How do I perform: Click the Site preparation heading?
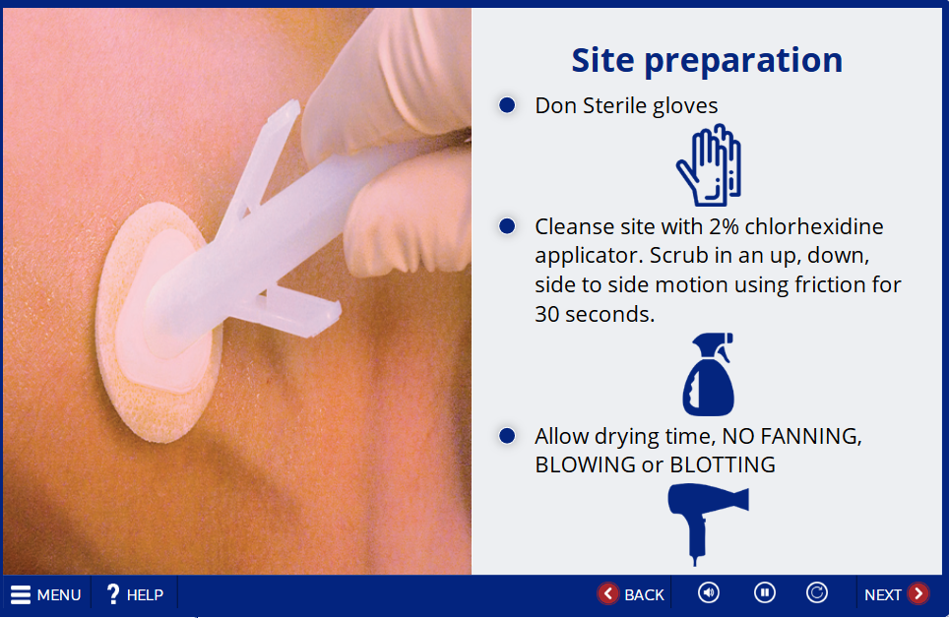[707, 61]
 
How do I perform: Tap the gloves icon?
[709, 165]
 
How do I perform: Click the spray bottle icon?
[708, 374]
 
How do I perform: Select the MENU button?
[46, 595]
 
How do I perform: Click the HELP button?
[134, 594]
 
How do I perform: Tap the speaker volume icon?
[709, 592]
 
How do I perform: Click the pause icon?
[764, 592]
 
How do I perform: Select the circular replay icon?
[817, 592]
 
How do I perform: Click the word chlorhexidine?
[814, 226]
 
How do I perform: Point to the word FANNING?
[811, 436]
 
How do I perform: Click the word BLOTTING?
[723, 464]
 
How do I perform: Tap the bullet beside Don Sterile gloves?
[507, 105]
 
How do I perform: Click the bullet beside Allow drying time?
[507, 436]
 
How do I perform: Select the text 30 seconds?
[595, 314]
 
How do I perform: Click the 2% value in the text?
[724, 226]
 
